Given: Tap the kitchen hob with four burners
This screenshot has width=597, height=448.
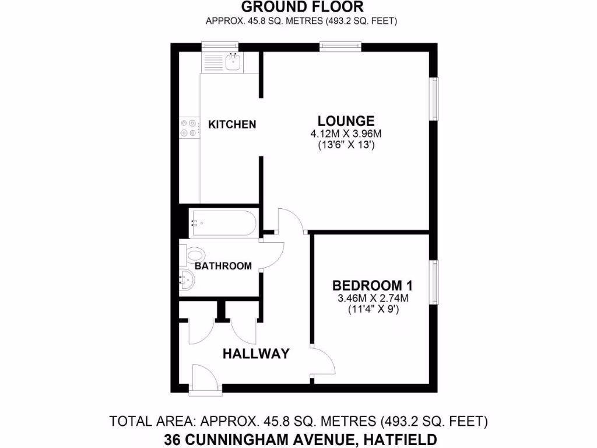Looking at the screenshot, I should tap(189, 128).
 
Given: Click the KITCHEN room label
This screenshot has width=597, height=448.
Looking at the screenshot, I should tap(232, 124).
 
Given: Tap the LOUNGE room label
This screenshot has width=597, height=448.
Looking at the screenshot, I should tap(346, 121).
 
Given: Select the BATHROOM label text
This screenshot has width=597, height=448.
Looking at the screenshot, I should tap(223, 266).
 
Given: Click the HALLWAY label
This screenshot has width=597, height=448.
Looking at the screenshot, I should tap(256, 353).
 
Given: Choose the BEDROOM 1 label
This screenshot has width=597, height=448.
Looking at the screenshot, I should tap(372, 286).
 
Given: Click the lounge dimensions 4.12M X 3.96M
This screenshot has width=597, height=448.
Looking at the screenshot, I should tap(346, 134).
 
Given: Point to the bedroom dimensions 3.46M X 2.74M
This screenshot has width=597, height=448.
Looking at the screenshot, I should tap(372, 299).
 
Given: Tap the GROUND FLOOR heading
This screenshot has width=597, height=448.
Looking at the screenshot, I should tap(302, 7).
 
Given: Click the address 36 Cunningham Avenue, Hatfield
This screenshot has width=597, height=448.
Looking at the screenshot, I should tap(301, 439).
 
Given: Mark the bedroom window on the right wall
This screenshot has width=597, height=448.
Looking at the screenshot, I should tap(434, 282).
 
